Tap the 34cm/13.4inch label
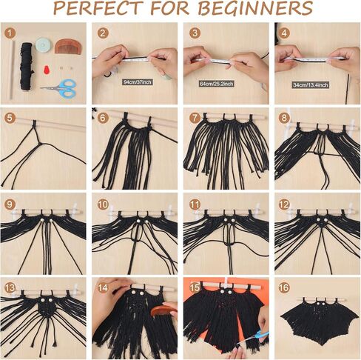click(316, 82)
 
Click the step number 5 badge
click(10, 118)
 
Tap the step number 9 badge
click(10, 204)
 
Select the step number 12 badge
click(284, 204)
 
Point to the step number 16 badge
click(284, 287)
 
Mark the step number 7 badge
click(194, 118)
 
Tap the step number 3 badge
click(194, 33)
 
